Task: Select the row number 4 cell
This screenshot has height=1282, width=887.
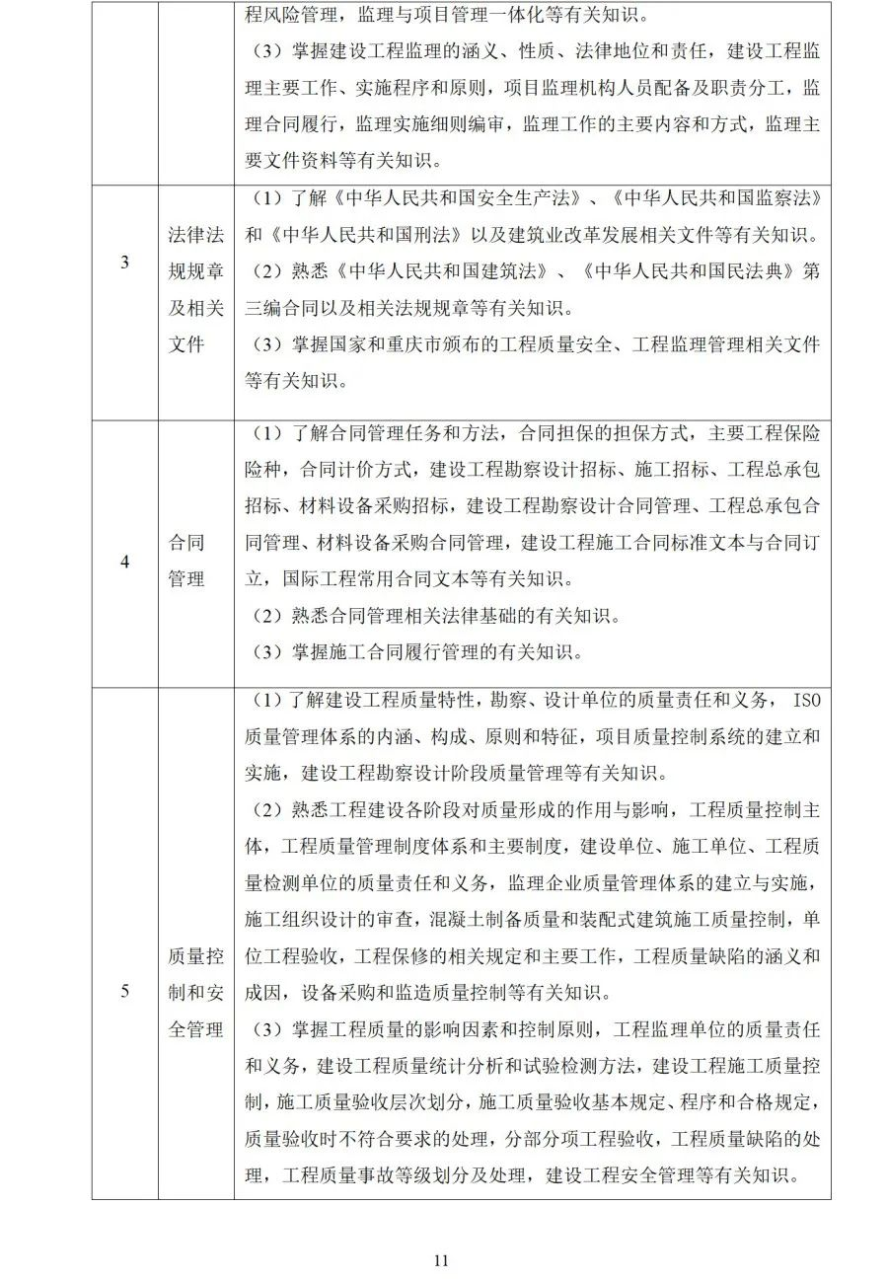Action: pyautogui.click(x=124, y=562)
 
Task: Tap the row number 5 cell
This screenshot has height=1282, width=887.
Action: pyautogui.click(x=124, y=991)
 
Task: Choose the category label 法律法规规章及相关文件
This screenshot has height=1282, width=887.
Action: pyautogui.click(x=195, y=289)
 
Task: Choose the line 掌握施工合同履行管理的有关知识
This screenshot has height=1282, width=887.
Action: pyautogui.click(x=419, y=652)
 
